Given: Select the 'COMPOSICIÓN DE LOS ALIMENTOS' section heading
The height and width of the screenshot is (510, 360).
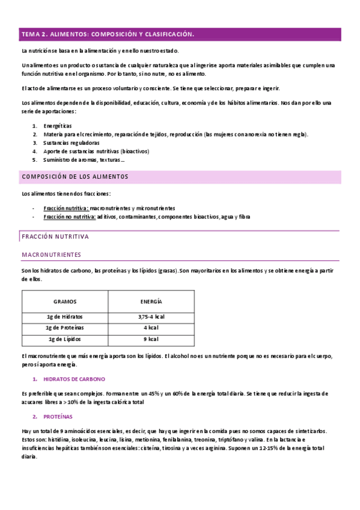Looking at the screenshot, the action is click(75, 177).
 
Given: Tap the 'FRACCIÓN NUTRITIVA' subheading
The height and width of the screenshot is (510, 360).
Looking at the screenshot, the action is click(55, 236).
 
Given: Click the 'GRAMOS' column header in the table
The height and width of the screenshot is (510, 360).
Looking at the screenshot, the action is click(65, 301).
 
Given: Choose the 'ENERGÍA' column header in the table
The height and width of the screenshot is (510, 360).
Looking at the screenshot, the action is click(151, 301).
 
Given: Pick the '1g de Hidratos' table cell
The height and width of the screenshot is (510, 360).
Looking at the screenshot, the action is click(65, 317).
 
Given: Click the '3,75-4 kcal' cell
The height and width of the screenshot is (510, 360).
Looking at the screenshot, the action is click(151, 317).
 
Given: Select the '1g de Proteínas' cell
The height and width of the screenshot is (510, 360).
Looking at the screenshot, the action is click(65, 328).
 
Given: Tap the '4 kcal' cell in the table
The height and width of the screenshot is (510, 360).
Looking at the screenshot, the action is click(151, 328).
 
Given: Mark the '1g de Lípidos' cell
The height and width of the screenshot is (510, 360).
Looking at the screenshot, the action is click(65, 339).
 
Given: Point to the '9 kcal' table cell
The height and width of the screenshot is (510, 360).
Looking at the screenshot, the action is click(151, 339).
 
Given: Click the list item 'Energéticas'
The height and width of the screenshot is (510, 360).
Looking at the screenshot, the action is click(57, 126).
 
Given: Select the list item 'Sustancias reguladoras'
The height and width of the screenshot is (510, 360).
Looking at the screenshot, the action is click(71, 143).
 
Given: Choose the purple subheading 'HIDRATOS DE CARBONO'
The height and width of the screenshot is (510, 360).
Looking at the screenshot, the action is click(75, 379).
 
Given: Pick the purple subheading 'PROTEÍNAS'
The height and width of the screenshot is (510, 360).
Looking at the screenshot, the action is click(58, 416).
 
